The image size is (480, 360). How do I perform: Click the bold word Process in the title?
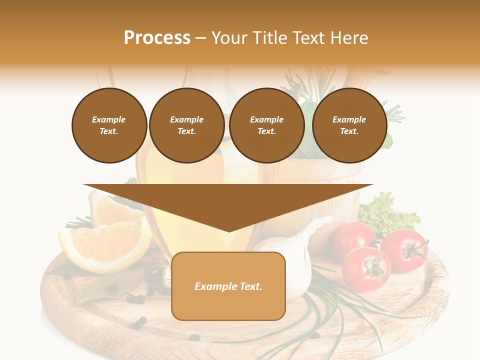click(x=157, y=38)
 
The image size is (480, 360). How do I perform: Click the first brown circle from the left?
click(x=109, y=125)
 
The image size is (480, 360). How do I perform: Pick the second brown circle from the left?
click(x=186, y=125)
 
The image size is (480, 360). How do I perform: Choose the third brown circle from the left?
click(x=266, y=125)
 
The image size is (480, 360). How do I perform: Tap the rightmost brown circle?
click(x=349, y=125)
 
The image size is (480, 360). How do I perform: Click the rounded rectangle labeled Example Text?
click(x=228, y=286)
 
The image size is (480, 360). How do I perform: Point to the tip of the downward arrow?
click(x=229, y=231)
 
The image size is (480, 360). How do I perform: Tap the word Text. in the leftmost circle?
click(x=109, y=131)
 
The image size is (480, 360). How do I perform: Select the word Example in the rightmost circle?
click(x=349, y=119)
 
